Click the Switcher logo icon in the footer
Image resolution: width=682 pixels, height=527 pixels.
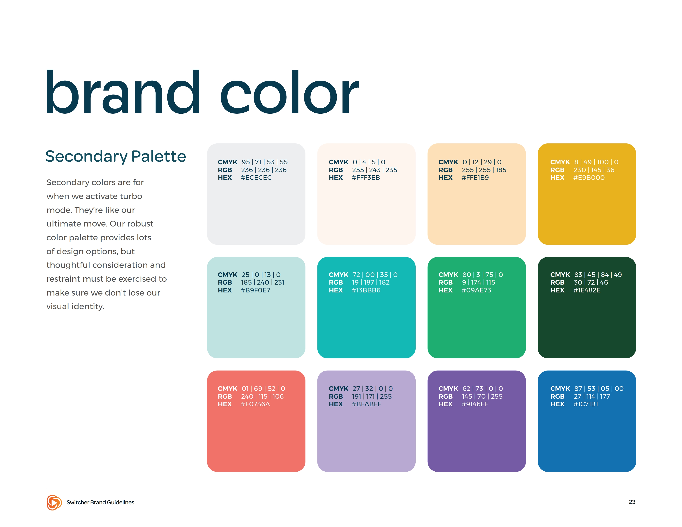click(x=54, y=502)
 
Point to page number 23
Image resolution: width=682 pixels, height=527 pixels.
click(x=632, y=502)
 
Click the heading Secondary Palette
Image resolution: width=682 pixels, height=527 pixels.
click(x=116, y=156)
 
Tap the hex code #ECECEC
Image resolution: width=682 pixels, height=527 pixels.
click(x=256, y=178)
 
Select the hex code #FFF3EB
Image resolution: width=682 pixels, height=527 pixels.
click(x=366, y=178)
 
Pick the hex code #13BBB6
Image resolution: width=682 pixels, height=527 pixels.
click(x=366, y=290)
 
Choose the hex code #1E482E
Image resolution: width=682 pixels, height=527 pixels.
click(x=587, y=290)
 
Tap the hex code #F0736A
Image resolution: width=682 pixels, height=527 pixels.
click(x=255, y=404)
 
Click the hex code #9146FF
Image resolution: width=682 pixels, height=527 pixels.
click(x=475, y=404)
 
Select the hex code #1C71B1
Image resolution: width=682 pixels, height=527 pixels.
click(x=585, y=404)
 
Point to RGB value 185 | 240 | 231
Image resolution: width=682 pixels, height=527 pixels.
click(x=263, y=283)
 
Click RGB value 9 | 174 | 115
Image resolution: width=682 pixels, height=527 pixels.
click(x=479, y=283)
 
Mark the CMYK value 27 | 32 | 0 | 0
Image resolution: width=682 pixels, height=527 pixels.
click(x=373, y=389)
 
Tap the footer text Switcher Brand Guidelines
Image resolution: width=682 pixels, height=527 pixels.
click(x=100, y=502)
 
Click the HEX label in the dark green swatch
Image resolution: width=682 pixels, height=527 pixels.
click(x=557, y=290)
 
